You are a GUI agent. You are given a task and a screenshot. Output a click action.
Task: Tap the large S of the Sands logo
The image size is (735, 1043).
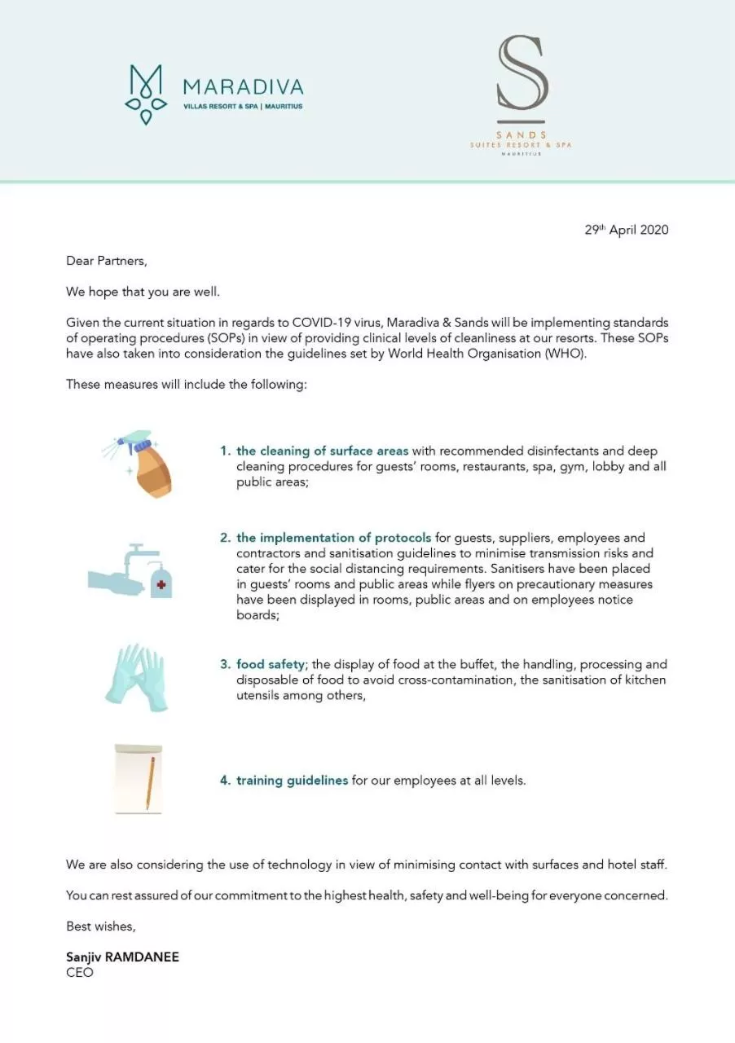(x=522, y=73)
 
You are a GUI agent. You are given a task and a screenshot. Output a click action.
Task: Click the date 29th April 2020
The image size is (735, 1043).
(x=626, y=230)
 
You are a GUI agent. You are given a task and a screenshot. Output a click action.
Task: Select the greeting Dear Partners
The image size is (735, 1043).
(x=106, y=262)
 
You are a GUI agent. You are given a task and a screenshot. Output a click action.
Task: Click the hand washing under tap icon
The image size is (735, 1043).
(x=130, y=571)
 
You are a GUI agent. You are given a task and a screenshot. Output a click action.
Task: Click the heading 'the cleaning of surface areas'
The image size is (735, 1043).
(x=322, y=451)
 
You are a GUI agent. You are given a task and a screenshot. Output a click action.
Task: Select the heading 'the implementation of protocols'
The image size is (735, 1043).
(x=333, y=538)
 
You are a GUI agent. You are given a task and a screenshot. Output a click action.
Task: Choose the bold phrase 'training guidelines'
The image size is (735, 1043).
(x=292, y=781)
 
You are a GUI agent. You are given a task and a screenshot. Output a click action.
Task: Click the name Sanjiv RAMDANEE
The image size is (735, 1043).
(x=122, y=957)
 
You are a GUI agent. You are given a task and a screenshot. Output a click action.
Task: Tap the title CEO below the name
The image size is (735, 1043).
(x=80, y=973)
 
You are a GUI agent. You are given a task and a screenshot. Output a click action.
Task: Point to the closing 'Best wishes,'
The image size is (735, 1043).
(x=100, y=926)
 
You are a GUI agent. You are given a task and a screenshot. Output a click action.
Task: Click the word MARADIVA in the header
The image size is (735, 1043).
(x=243, y=87)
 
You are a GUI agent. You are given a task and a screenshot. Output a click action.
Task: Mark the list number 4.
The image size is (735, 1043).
(x=225, y=781)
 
